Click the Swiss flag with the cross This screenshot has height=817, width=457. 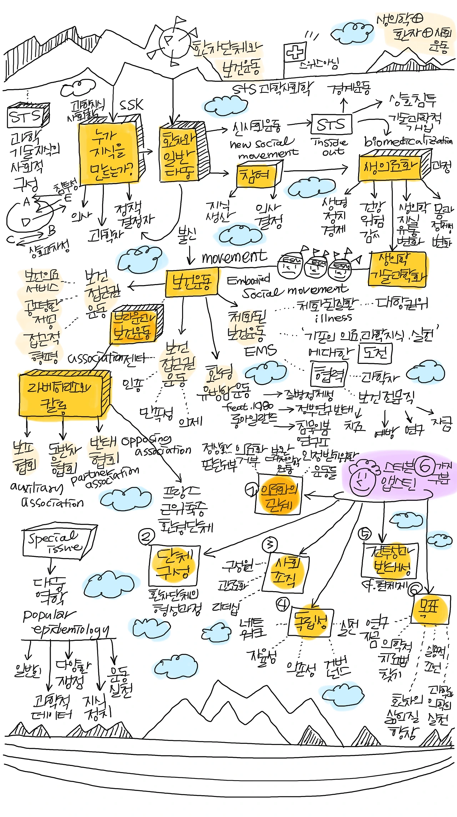pyautogui.click(x=295, y=52)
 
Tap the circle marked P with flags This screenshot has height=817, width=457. pyautogui.click(x=172, y=40)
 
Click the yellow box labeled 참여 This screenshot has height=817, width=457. pyautogui.click(x=256, y=175)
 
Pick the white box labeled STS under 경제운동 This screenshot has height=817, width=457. pyautogui.click(x=331, y=125)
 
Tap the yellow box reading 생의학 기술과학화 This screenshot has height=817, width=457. pyautogui.click(x=397, y=269)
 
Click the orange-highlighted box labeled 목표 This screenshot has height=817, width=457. pyautogui.click(x=430, y=608)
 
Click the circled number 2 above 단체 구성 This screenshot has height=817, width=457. pyautogui.click(x=146, y=537)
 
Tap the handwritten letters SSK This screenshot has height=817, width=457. pyautogui.click(x=131, y=106)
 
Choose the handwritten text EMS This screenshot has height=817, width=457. pyautogui.click(x=261, y=351)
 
